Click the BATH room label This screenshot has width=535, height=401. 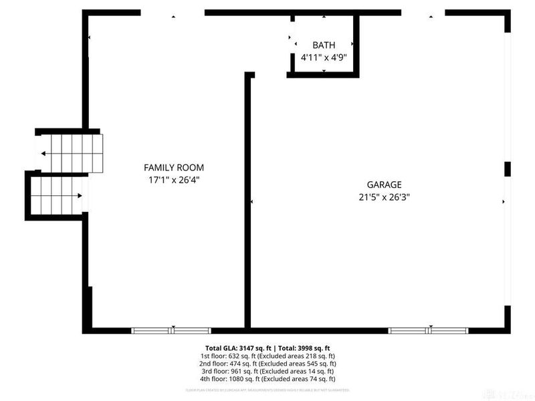click(x=324, y=45)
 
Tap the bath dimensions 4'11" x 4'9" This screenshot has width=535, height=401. click(x=324, y=57)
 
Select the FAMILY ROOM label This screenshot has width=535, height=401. click(x=174, y=168)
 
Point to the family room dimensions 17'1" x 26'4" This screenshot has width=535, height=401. click(x=174, y=180)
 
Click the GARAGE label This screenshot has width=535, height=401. click(x=384, y=184)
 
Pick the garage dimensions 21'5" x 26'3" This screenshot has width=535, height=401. click(x=384, y=196)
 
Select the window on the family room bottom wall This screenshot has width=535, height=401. click(x=171, y=330)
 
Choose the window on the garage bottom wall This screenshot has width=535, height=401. click(x=428, y=330)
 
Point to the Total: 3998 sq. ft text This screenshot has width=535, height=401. click(x=302, y=348)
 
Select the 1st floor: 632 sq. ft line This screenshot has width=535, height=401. click(x=267, y=356)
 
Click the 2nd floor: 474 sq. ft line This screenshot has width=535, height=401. click(x=267, y=364)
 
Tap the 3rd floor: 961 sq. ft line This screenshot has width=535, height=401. click(x=267, y=371)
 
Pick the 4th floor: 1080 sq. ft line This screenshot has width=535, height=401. click(x=267, y=378)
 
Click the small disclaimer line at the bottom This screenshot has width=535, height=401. click(x=267, y=389)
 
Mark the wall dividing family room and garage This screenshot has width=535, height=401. click(x=247, y=200)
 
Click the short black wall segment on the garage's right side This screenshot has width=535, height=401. click(x=507, y=168)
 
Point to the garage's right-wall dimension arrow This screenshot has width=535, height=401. click(x=503, y=200)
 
